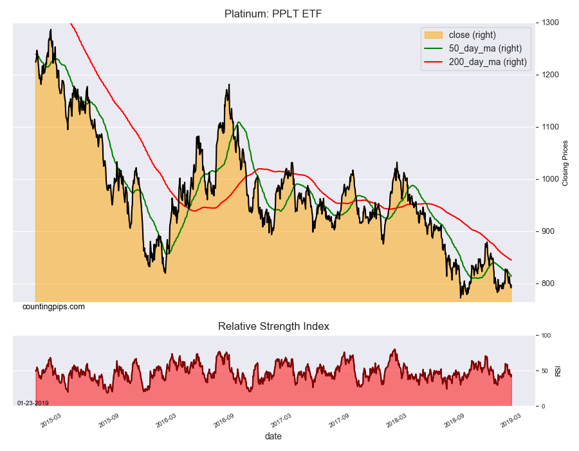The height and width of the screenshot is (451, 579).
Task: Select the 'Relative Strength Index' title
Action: point(273,327)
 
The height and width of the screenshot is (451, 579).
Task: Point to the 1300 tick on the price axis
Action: point(549,23)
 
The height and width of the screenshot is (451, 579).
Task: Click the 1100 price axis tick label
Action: point(549,127)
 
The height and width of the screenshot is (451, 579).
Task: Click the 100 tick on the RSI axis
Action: point(544,336)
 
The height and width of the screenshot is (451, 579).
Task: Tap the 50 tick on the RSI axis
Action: point(543,371)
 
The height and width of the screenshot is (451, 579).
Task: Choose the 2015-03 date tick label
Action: point(51,420)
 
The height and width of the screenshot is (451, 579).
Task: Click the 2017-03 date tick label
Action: point(281,420)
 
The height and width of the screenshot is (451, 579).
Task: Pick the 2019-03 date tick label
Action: point(511,420)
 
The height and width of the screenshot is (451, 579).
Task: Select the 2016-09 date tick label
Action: point(224,420)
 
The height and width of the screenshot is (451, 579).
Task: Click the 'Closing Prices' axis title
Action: point(565,163)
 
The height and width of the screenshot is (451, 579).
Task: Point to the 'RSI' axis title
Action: point(557,371)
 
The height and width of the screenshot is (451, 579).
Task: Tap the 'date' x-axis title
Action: point(273,436)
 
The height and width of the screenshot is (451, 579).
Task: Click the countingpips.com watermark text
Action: point(53,307)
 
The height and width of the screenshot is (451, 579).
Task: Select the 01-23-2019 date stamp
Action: point(33,403)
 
